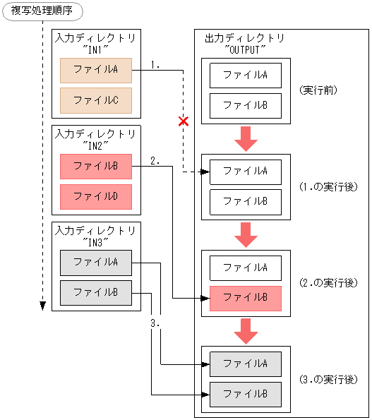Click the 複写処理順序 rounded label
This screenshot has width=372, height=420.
click(x=42, y=11)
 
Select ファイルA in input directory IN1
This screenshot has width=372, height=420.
click(x=96, y=69)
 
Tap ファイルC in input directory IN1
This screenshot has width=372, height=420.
click(x=96, y=100)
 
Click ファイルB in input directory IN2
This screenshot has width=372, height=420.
click(x=96, y=167)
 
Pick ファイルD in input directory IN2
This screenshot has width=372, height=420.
click(x=96, y=196)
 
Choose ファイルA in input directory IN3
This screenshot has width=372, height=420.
click(x=96, y=262)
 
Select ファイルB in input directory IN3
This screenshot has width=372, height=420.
click(x=96, y=292)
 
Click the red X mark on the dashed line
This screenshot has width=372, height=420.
click(x=184, y=121)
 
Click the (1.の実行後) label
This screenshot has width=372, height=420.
click(x=328, y=187)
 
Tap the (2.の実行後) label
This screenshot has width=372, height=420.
click(x=328, y=283)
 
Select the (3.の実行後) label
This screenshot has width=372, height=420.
click(x=328, y=379)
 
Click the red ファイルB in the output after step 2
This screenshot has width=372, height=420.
click(x=246, y=298)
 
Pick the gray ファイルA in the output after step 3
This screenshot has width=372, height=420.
click(x=246, y=364)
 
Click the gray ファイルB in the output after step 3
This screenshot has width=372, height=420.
click(x=246, y=394)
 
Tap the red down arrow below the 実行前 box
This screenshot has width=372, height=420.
click(x=246, y=138)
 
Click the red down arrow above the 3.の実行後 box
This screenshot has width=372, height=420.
click(x=246, y=330)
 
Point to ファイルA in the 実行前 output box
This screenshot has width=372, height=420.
click(x=246, y=75)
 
